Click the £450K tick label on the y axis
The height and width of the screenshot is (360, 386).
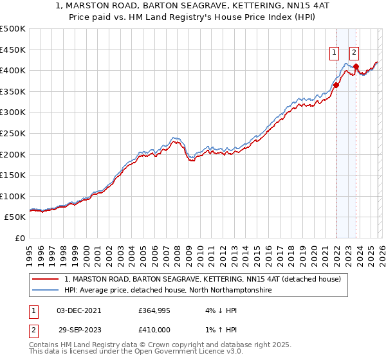pyautogui.click(x=13, y=50)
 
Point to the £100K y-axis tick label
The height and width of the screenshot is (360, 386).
pyautogui.click(x=13, y=196)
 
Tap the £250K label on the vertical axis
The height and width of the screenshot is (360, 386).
pyautogui.click(x=13, y=133)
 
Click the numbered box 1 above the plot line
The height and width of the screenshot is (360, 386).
pyautogui.click(x=335, y=53)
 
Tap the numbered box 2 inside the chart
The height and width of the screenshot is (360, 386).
pyautogui.click(x=354, y=53)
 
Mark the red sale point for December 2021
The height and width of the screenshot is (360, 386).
pyautogui.click(x=336, y=85)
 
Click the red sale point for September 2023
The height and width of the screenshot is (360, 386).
pyautogui.click(x=356, y=66)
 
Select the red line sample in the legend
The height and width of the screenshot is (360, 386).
pyautogui.click(x=46, y=279)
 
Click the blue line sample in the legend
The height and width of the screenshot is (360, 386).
pyautogui.click(x=46, y=291)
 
